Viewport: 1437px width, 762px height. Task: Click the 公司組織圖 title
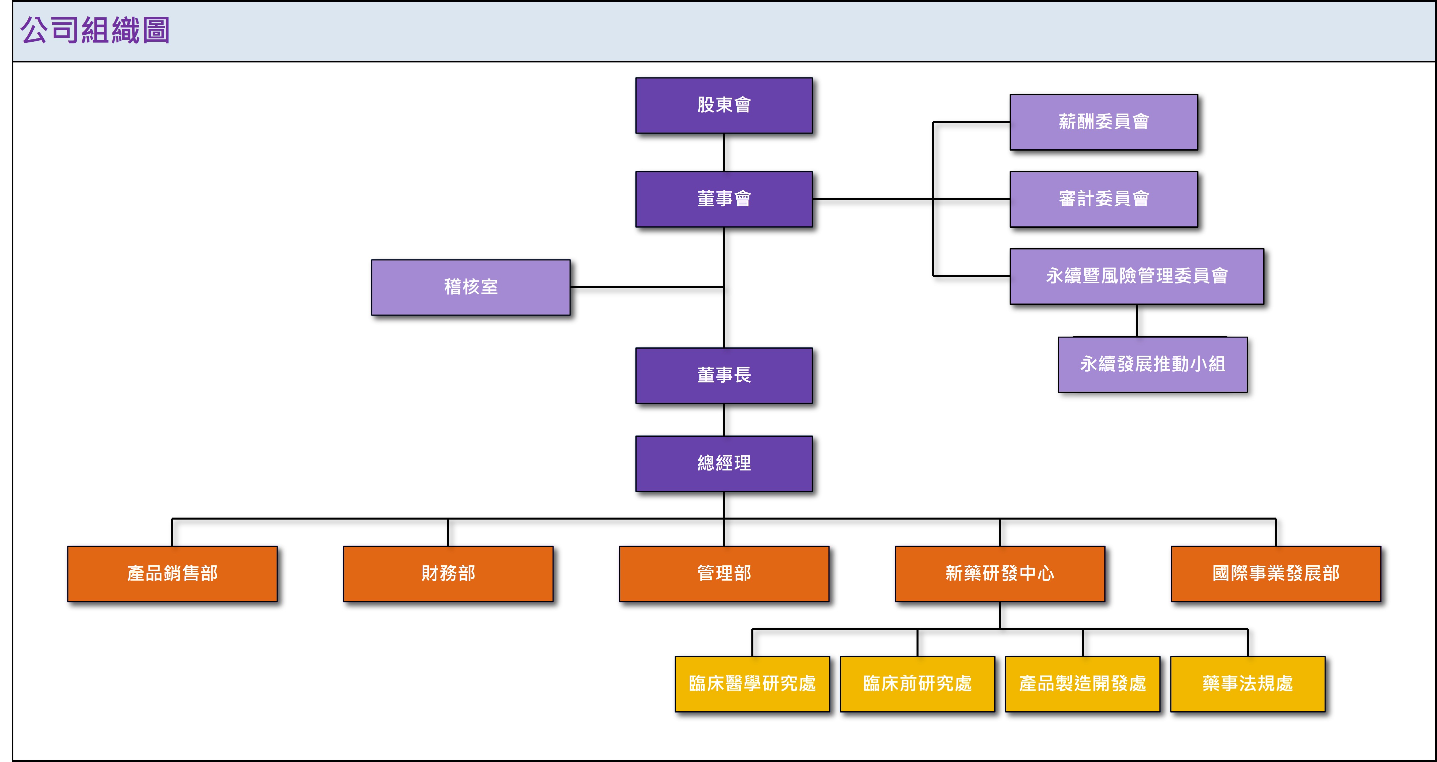point(95,30)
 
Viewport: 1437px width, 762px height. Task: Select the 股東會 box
point(724,106)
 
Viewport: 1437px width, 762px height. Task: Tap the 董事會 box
point(724,199)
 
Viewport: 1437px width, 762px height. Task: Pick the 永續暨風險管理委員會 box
point(1136,276)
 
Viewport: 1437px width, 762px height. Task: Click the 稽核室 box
point(471,288)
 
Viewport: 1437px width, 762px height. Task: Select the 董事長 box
point(724,376)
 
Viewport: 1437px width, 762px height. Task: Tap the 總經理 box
point(724,464)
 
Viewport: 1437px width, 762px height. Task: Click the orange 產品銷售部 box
point(172,574)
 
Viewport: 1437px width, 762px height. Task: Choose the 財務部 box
point(448,574)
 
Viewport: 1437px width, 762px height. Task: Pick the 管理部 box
point(724,574)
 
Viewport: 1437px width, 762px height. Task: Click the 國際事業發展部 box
point(1276,574)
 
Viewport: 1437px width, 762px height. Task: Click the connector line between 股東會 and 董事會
point(724,152)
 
